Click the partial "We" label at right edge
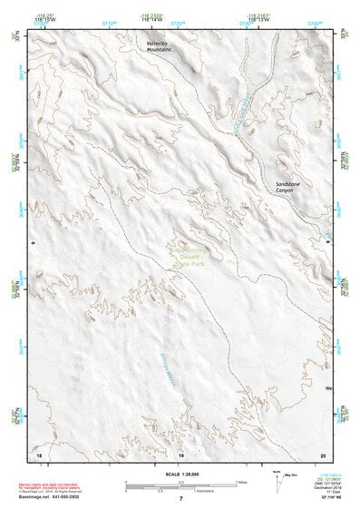(329, 388)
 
